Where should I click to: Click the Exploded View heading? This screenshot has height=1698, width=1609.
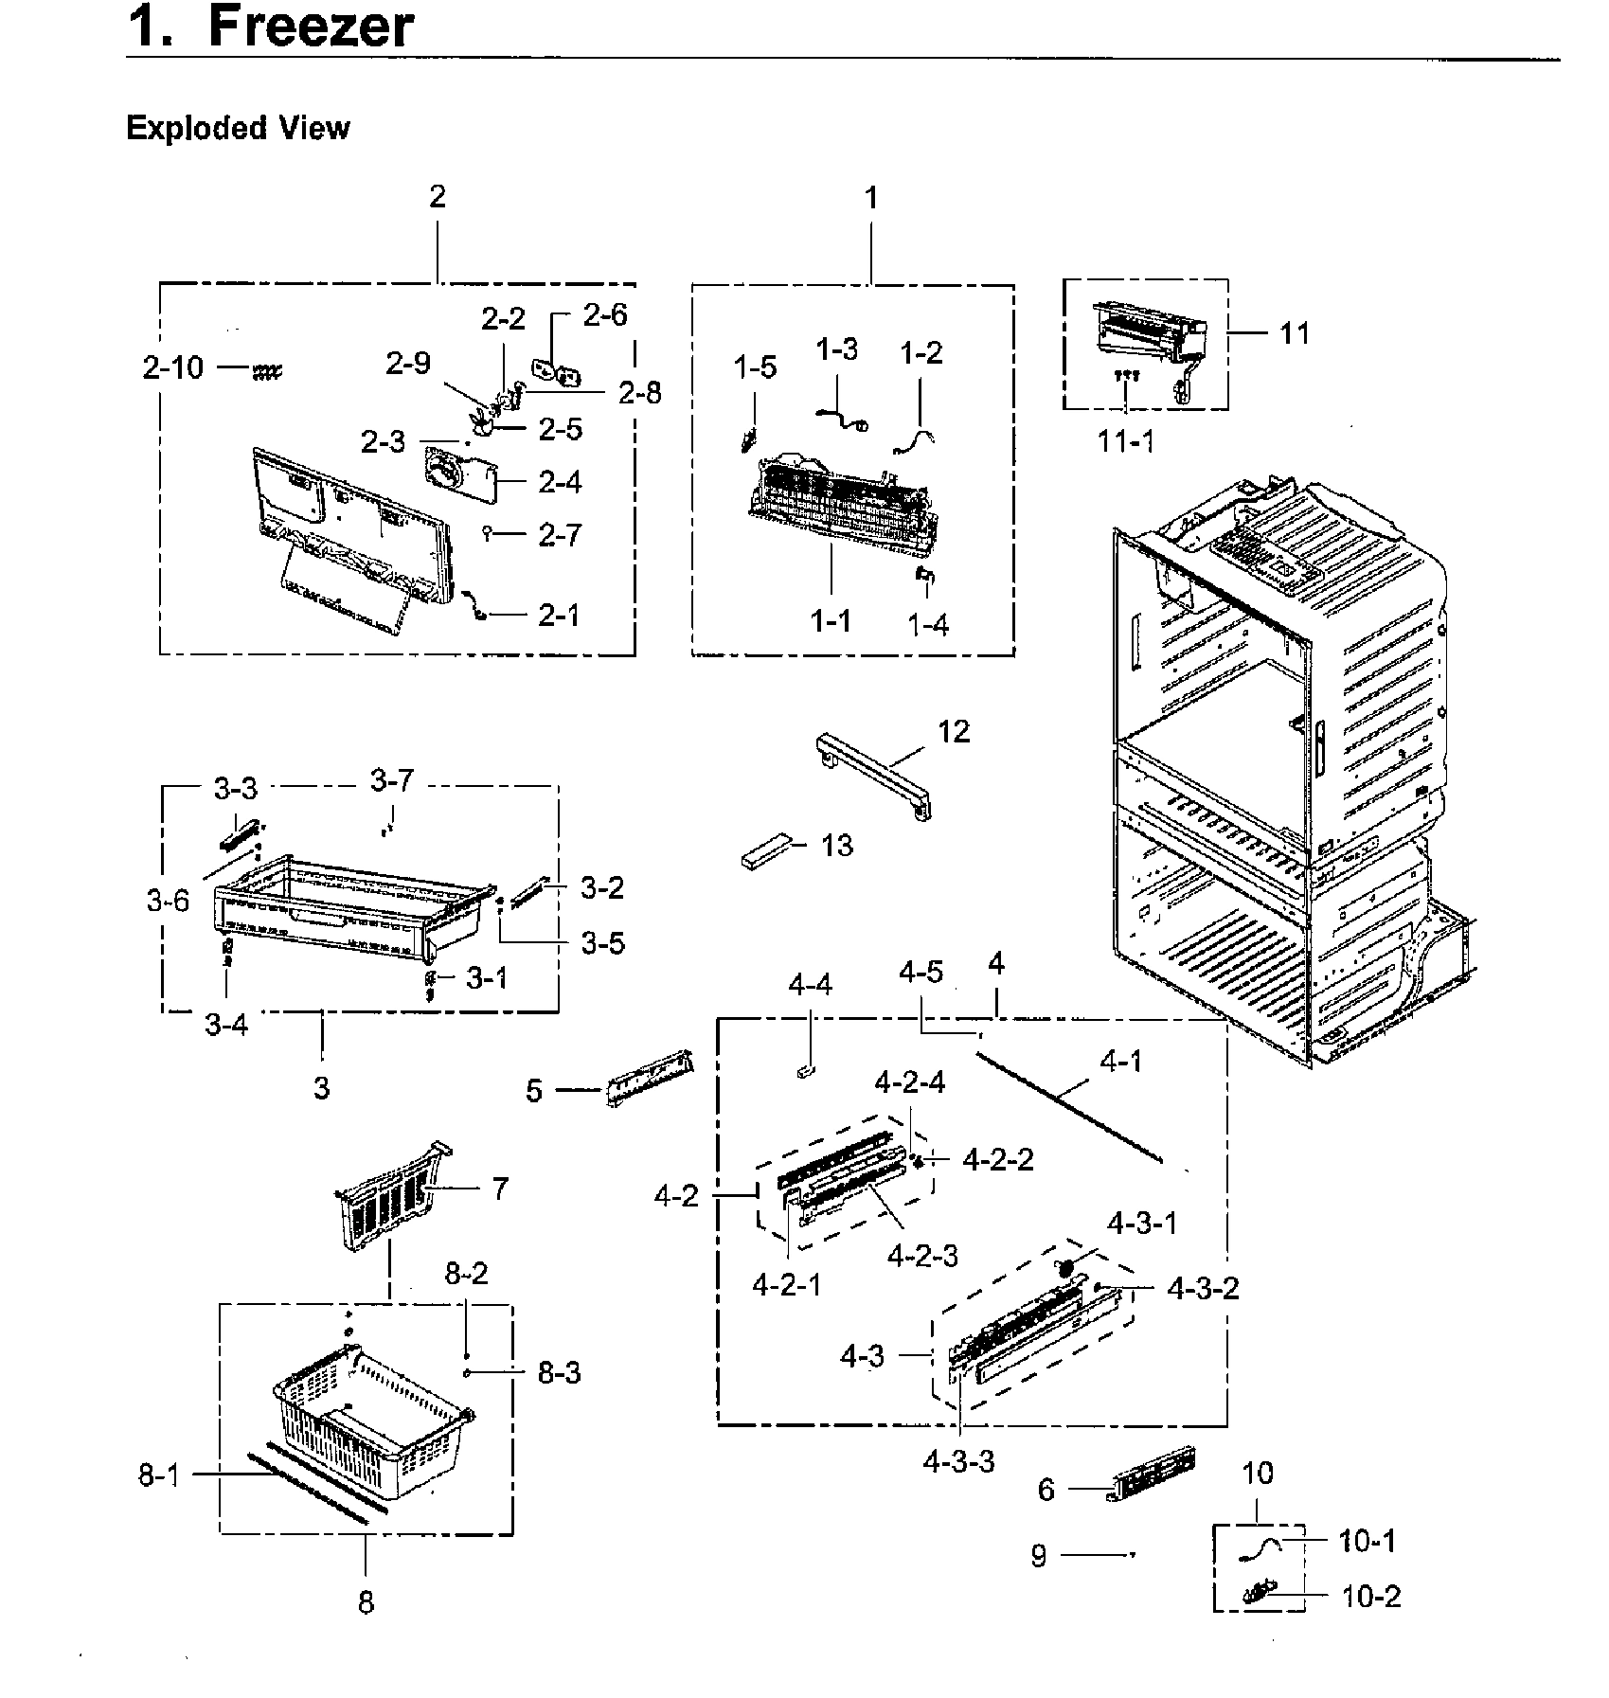tap(238, 128)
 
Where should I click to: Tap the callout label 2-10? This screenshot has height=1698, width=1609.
tap(173, 367)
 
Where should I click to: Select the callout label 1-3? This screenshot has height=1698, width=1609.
tap(836, 349)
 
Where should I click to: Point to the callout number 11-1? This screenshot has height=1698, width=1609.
tap(1126, 440)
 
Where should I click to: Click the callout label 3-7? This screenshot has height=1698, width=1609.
tap(391, 781)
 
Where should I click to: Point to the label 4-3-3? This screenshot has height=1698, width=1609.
tap(958, 1461)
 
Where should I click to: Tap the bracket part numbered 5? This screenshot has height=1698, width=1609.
tap(650, 1078)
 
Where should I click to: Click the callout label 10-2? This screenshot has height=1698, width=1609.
tap(1370, 1597)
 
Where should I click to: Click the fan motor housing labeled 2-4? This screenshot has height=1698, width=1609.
tap(459, 478)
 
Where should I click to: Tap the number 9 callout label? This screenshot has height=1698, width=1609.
tap(1039, 1556)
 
